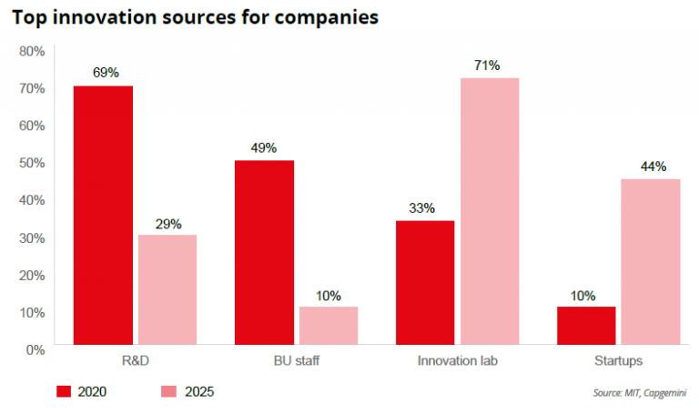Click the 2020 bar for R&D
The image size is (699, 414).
click(x=103, y=215)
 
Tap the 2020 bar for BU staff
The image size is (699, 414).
click(x=264, y=252)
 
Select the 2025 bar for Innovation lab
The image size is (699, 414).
click(x=489, y=211)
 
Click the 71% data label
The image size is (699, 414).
click(x=486, y=66)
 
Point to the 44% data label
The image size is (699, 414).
click(x=653, y=167)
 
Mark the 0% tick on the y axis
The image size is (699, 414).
click(x=35, y=348)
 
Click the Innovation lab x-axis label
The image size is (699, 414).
click(x=458, y=361)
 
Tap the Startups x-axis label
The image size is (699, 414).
click(x=618, y=361)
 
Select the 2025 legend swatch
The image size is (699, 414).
click(x=169, y=391)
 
